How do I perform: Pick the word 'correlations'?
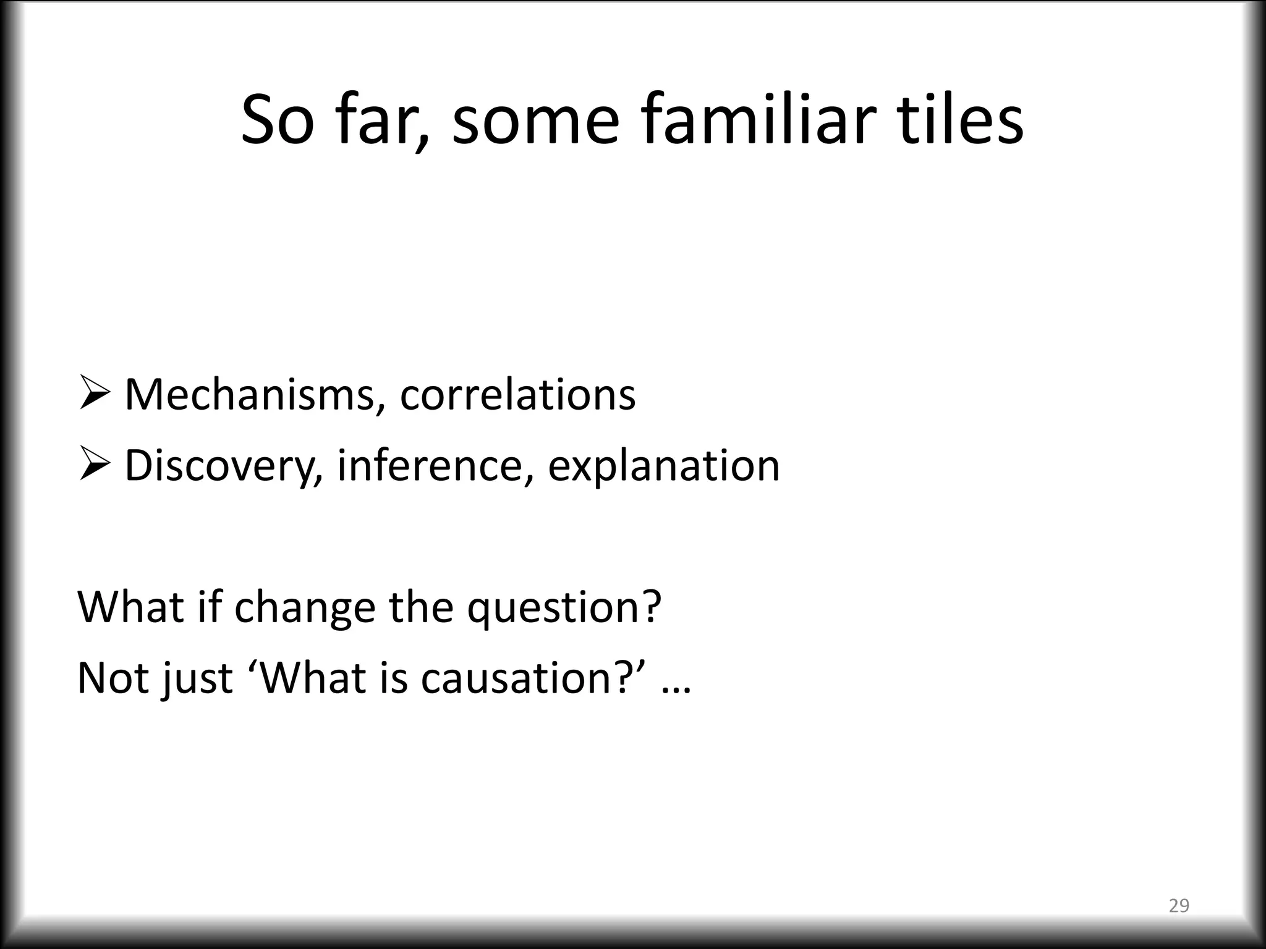517,395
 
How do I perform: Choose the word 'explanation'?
663,465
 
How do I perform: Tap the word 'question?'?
564,608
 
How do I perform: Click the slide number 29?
1179,906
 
